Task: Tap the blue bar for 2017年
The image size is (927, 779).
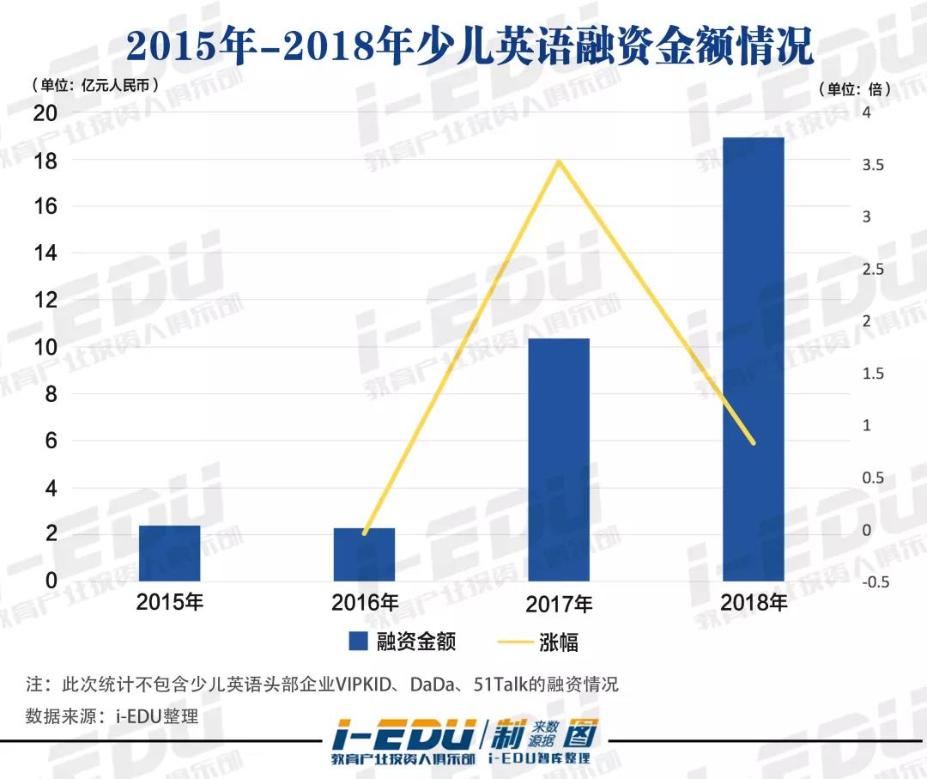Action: click(559, 459)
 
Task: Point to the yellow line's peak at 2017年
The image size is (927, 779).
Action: click(560, 161)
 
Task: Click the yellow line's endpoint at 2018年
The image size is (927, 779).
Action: click(754, 443)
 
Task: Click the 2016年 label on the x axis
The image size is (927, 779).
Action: click(365, 602)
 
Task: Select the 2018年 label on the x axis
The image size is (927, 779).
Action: click(754, 602)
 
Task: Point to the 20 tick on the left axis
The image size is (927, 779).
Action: click(45, 113)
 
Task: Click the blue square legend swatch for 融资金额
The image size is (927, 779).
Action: click(358, 641)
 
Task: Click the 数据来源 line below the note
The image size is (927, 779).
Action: click(112, 715)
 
